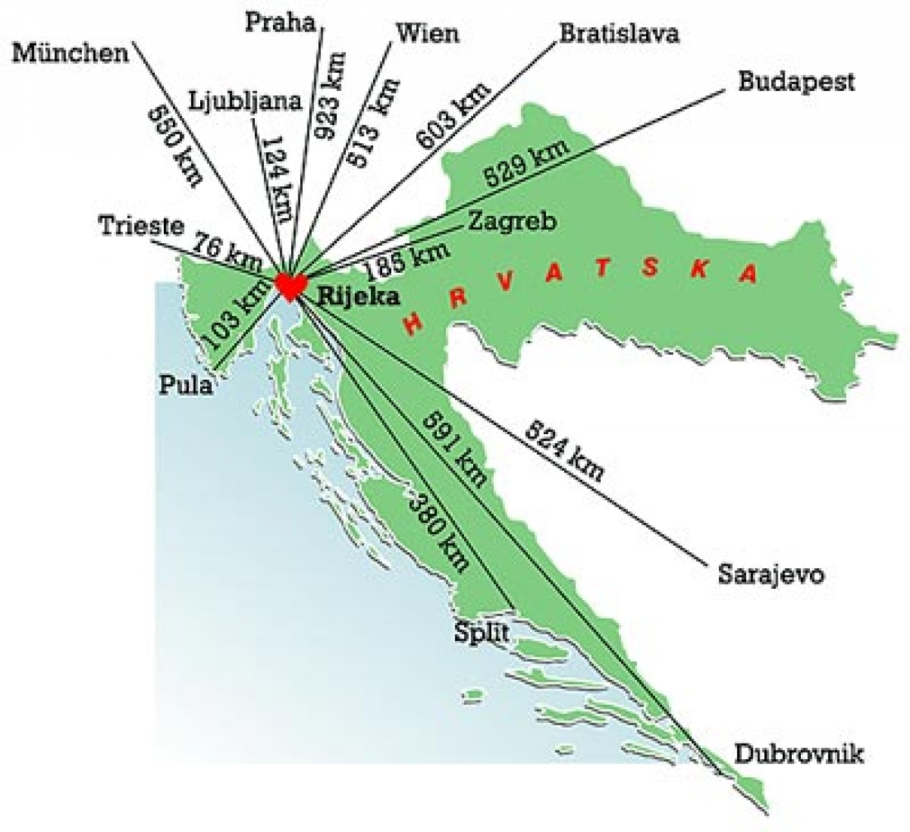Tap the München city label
70,53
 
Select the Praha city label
280,22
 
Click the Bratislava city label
619,33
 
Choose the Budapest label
796,81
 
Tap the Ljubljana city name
244,101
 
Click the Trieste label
141,226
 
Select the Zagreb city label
511,221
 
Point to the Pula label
186,385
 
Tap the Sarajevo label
771,574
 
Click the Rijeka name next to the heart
359,296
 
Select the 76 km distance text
227,251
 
